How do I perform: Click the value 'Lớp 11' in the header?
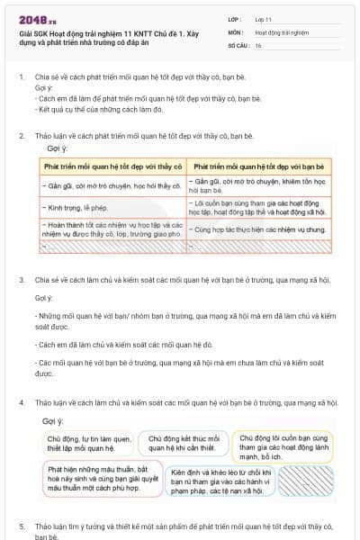point(262,18)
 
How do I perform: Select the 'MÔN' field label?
point(238,31)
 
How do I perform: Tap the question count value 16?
point(258,45)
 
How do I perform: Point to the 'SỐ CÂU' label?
point(238,45)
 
